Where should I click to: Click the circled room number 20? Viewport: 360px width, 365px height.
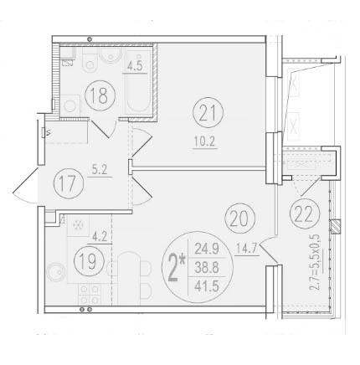(x=236, y=220)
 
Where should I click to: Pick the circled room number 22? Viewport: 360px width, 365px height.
(x=301, y=213)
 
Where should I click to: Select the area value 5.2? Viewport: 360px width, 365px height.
(x=100, y=167)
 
